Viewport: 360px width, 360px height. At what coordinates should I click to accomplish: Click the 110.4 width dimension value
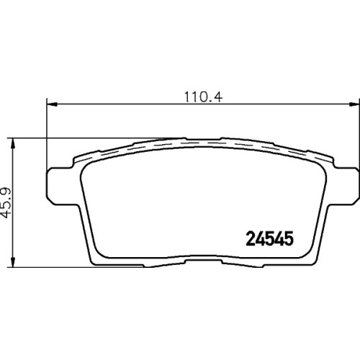(x=203, y=97)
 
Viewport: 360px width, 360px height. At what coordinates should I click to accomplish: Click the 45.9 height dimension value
(x=6, y=203)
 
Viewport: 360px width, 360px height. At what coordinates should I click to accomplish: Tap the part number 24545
(x=269, y=238)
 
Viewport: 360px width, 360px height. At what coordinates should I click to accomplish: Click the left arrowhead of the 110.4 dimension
(x=52, y=104)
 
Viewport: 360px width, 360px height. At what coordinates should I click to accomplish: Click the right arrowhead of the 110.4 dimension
(x=354, y=104)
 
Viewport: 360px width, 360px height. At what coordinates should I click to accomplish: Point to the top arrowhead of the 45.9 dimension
(x=14, y=143)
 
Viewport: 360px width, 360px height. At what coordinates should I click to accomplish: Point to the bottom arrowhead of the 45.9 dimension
(x=14, y=261)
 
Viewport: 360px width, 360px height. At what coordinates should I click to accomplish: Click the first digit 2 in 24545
(x=251, y=238)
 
